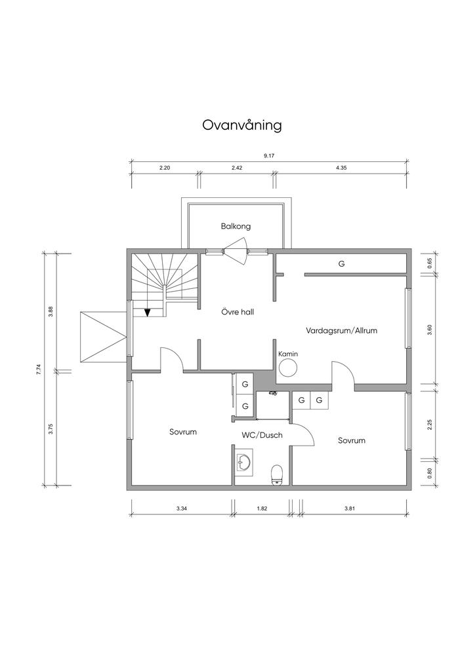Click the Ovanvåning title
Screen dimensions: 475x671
[242, 125]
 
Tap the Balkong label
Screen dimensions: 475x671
[236, 226]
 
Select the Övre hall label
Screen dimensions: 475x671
[237, 312]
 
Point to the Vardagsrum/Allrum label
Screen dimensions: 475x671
[341, 330]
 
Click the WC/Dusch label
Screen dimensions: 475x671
[262, 435]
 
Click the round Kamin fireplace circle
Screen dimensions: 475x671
[288, 368]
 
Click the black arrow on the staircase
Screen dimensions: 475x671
[148, 312]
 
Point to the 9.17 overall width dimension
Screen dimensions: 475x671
[269, 156]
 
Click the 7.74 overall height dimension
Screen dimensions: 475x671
[39, 370]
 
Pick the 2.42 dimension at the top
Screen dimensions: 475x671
[237, 168]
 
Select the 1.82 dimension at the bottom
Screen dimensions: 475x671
[262, 508]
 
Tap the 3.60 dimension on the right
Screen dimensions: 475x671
[430, 330]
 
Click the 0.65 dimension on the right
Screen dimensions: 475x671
[430, 263]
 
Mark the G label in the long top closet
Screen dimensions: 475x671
[341, 264]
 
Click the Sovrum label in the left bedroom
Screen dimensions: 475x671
[183, 432]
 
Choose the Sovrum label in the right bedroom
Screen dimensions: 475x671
[352, 440]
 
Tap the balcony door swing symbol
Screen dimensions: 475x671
[236, 251]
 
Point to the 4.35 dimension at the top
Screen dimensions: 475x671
[341, 168]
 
